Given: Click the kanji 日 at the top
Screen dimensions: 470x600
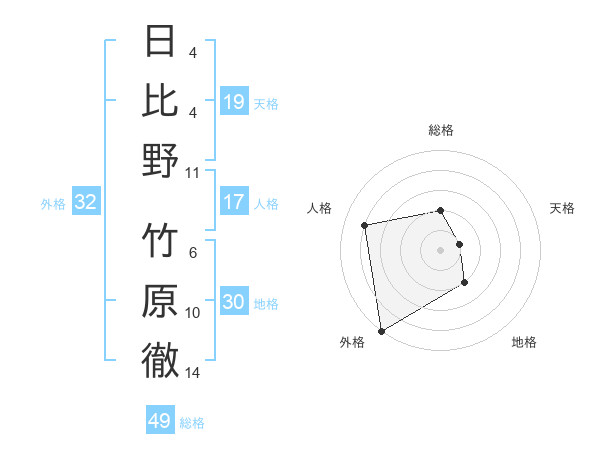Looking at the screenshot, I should coord(161,42).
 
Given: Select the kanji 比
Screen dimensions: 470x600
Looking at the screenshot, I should coord(161,100).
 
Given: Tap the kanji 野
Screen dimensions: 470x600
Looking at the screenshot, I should coord(161,159).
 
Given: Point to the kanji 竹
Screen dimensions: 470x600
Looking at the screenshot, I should coord(161,242).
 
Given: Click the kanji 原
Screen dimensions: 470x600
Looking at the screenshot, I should coord(161,301).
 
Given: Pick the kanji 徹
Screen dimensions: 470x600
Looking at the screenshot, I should coord(161,360).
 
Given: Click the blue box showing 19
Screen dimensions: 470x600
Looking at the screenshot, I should coord(233,101).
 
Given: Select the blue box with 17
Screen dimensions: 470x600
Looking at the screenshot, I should coord(233,202).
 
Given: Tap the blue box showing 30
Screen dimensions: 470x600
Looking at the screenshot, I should coord(233,302).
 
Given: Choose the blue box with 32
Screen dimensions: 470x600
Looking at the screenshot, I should coord(85,202).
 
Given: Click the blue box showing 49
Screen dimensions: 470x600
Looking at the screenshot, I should coord(160,421).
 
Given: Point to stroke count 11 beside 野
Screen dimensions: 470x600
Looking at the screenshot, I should coord(193,172).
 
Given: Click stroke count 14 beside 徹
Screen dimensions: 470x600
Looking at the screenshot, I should coord(193,373).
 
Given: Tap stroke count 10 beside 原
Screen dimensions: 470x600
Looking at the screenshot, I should coord(193,313).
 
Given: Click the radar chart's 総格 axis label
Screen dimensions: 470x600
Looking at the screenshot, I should coord(441,130).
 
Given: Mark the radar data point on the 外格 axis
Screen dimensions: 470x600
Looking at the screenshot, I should coord(381,330).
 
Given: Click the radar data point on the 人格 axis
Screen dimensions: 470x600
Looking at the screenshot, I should coord(365,225).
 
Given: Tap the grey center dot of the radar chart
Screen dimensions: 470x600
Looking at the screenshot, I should coord(441,249).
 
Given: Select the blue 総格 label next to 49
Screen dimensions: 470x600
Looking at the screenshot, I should coord(192,423).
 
